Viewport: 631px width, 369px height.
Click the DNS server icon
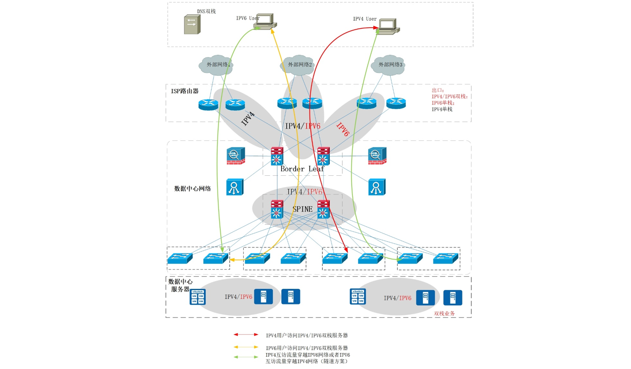(192, 25)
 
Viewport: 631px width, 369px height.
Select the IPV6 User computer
(265, 22)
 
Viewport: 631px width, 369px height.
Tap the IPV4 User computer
(388, 26)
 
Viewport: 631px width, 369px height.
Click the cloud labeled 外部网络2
(299, 65)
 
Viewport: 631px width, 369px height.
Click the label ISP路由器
(185, 91)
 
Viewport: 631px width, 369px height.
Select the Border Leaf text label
(302, 169)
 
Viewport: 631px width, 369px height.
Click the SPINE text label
(302, 209)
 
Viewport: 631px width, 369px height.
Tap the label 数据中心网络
(192, 189)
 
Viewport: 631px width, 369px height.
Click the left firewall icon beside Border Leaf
(235, 156)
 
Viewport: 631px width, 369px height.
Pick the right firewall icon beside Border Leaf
(377, 156)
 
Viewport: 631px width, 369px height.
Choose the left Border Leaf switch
(277, 156)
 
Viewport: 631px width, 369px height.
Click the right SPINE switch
(323, 210)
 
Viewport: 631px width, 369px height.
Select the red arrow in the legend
(246, 335)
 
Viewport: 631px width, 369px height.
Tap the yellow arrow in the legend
(246, 347)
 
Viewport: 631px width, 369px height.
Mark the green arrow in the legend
(246, 357)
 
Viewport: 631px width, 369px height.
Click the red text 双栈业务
(444, 313)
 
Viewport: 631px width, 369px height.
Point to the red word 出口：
(438, 90)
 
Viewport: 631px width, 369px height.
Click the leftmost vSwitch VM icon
(198, 297)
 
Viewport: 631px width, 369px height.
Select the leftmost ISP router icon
(208, 104)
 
